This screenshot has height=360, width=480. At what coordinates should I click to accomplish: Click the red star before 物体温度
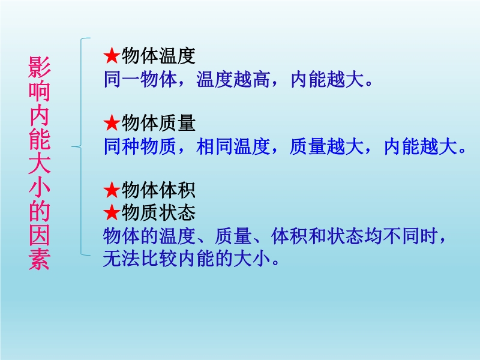(x=112, y=56)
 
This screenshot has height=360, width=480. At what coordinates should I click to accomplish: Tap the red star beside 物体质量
(x=112, y=123)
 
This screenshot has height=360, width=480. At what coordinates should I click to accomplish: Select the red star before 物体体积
(x=112, y=190)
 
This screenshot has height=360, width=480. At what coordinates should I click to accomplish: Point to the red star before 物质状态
(x=112, y=212)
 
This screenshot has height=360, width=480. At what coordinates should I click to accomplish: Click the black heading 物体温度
(x=158, y=56)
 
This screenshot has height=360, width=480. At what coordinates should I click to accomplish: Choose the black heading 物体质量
(x=158, y=123)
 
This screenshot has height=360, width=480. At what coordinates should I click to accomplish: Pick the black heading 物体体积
(x=158, y=190)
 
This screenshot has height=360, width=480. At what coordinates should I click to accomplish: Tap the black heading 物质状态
(x=158, y=212)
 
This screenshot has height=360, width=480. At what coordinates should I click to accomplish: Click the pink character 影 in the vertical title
(x=39, y=67)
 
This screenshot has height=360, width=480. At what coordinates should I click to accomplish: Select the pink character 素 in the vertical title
(x=39, y=260)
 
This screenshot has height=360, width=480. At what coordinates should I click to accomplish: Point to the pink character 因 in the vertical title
(x=39, y=236)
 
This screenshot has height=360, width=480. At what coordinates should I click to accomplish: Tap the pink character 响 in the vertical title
(x=39, y=91)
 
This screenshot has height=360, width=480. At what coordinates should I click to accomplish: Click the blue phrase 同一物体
(x=140, y=79)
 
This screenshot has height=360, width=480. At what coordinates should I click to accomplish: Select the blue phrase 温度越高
(x=233, y=79)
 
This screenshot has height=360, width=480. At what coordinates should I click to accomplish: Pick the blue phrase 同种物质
(x=140, y=146)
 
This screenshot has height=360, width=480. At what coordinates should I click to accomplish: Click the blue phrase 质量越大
(x=326, y=146)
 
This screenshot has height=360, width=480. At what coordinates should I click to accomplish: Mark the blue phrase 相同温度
(x=233, y=146)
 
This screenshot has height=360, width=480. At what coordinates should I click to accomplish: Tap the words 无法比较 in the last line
(x=140, y=259)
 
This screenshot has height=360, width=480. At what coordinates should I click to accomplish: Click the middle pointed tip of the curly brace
(x=72, y=146)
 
